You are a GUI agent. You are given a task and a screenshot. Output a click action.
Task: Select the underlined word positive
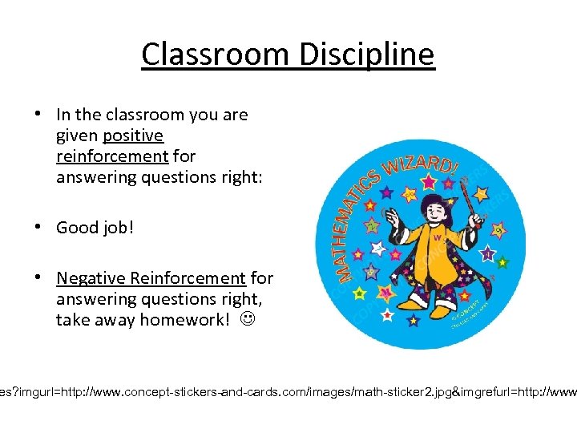click(x=133, y=136)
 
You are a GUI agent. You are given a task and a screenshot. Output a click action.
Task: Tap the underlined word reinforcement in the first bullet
click(x=112, y=156)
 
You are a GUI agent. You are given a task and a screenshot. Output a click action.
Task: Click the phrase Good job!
click(x=95, y=228)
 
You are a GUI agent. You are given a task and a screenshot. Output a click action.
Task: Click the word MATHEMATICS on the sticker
click(x=353, y=225)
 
